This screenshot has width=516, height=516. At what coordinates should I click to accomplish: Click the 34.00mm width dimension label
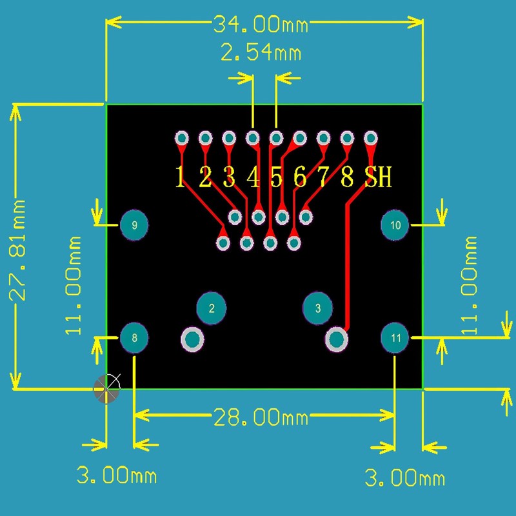pos(261,25)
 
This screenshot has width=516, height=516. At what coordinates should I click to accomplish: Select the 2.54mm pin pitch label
pos(261,52)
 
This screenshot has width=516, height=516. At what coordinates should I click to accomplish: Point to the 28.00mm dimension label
pos(261,417)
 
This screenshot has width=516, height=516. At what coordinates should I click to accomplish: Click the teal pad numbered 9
pos(134,225)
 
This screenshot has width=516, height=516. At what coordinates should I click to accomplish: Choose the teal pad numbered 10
pos(395,225)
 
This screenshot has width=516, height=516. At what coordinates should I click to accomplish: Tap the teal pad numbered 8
pos(134,337)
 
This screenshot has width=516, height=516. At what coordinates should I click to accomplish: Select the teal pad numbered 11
pos(395,337)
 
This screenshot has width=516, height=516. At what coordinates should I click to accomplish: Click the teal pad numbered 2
pos(211,308)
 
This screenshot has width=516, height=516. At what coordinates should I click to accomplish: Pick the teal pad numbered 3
pos(317,308)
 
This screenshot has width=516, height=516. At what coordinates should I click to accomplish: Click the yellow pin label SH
pos(378,177)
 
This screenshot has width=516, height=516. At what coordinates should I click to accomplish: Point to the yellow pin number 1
pos(181,177)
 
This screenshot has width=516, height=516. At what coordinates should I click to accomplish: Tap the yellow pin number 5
pos(276,177)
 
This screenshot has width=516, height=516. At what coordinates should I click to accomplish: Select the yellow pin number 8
pos(347,177)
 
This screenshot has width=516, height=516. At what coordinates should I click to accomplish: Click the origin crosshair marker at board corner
pos(107,389)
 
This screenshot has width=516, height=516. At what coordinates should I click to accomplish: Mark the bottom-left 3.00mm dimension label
pos(116,476)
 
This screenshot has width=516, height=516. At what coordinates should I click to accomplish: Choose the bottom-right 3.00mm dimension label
pos(404,478)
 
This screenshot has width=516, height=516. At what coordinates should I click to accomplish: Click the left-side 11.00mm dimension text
pos(75,284)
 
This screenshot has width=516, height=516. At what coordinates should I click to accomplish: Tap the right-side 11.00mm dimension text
pos(470,284)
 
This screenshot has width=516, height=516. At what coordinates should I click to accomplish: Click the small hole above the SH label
pos(371,138)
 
